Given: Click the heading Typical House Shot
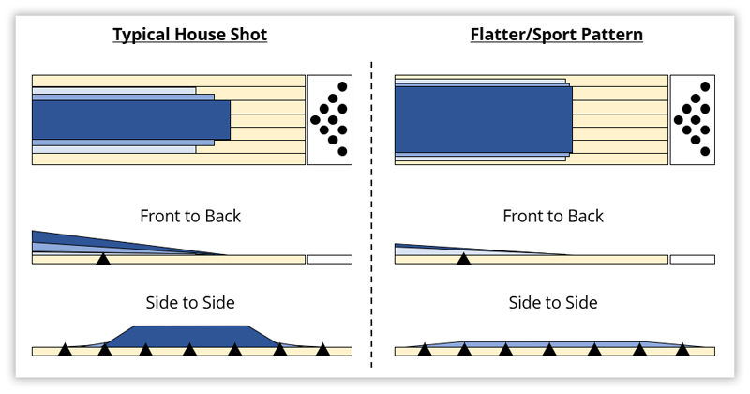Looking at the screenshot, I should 190,35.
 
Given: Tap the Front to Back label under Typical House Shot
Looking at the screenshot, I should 190,216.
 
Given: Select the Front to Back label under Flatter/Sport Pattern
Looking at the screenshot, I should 553,216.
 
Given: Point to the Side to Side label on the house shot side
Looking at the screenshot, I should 190,302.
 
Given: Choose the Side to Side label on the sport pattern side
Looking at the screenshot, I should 553,302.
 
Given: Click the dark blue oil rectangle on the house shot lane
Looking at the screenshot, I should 131,120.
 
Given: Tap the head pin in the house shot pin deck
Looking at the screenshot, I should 312,119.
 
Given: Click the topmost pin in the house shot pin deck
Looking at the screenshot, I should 342,87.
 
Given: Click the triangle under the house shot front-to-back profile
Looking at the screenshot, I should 103,258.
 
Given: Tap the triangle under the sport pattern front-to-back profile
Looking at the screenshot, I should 462,258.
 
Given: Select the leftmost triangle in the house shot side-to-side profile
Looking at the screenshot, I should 65,350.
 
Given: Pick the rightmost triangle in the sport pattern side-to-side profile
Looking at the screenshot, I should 682,350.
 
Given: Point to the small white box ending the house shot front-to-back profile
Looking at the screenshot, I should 330,259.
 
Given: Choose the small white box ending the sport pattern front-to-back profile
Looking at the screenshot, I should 692,259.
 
